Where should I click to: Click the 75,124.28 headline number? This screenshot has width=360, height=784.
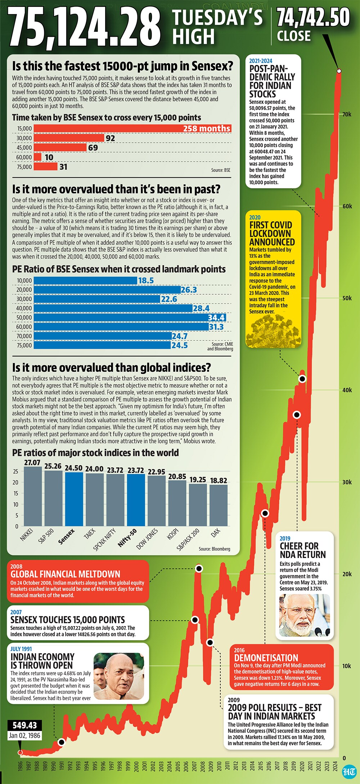(85, 27)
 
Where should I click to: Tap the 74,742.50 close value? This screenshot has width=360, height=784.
(313, 17)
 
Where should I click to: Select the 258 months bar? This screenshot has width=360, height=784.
(132, 128)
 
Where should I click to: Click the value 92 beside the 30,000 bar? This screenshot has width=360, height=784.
(111, 138)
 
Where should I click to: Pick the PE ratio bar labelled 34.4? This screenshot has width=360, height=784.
(130, 317)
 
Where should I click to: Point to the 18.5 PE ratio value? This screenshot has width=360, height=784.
(146, 281)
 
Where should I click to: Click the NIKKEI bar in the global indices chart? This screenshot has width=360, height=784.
(33, 496)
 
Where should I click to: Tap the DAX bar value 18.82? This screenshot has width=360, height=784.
(219, 480)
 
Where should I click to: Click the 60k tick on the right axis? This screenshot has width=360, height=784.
(347, 206)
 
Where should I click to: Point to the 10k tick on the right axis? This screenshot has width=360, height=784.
(347, 666)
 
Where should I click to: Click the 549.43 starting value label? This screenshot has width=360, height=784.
(25, 725)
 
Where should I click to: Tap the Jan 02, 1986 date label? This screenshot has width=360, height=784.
(25, 735)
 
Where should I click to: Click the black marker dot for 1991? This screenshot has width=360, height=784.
(61, 742)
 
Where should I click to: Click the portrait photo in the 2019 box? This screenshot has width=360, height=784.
(305, 615)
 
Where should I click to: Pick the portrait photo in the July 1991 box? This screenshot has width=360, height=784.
(119, 675)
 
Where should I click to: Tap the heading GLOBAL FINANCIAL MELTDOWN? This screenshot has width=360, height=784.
(65, 574)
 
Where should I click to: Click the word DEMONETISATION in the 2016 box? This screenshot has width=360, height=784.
(266, 657)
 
